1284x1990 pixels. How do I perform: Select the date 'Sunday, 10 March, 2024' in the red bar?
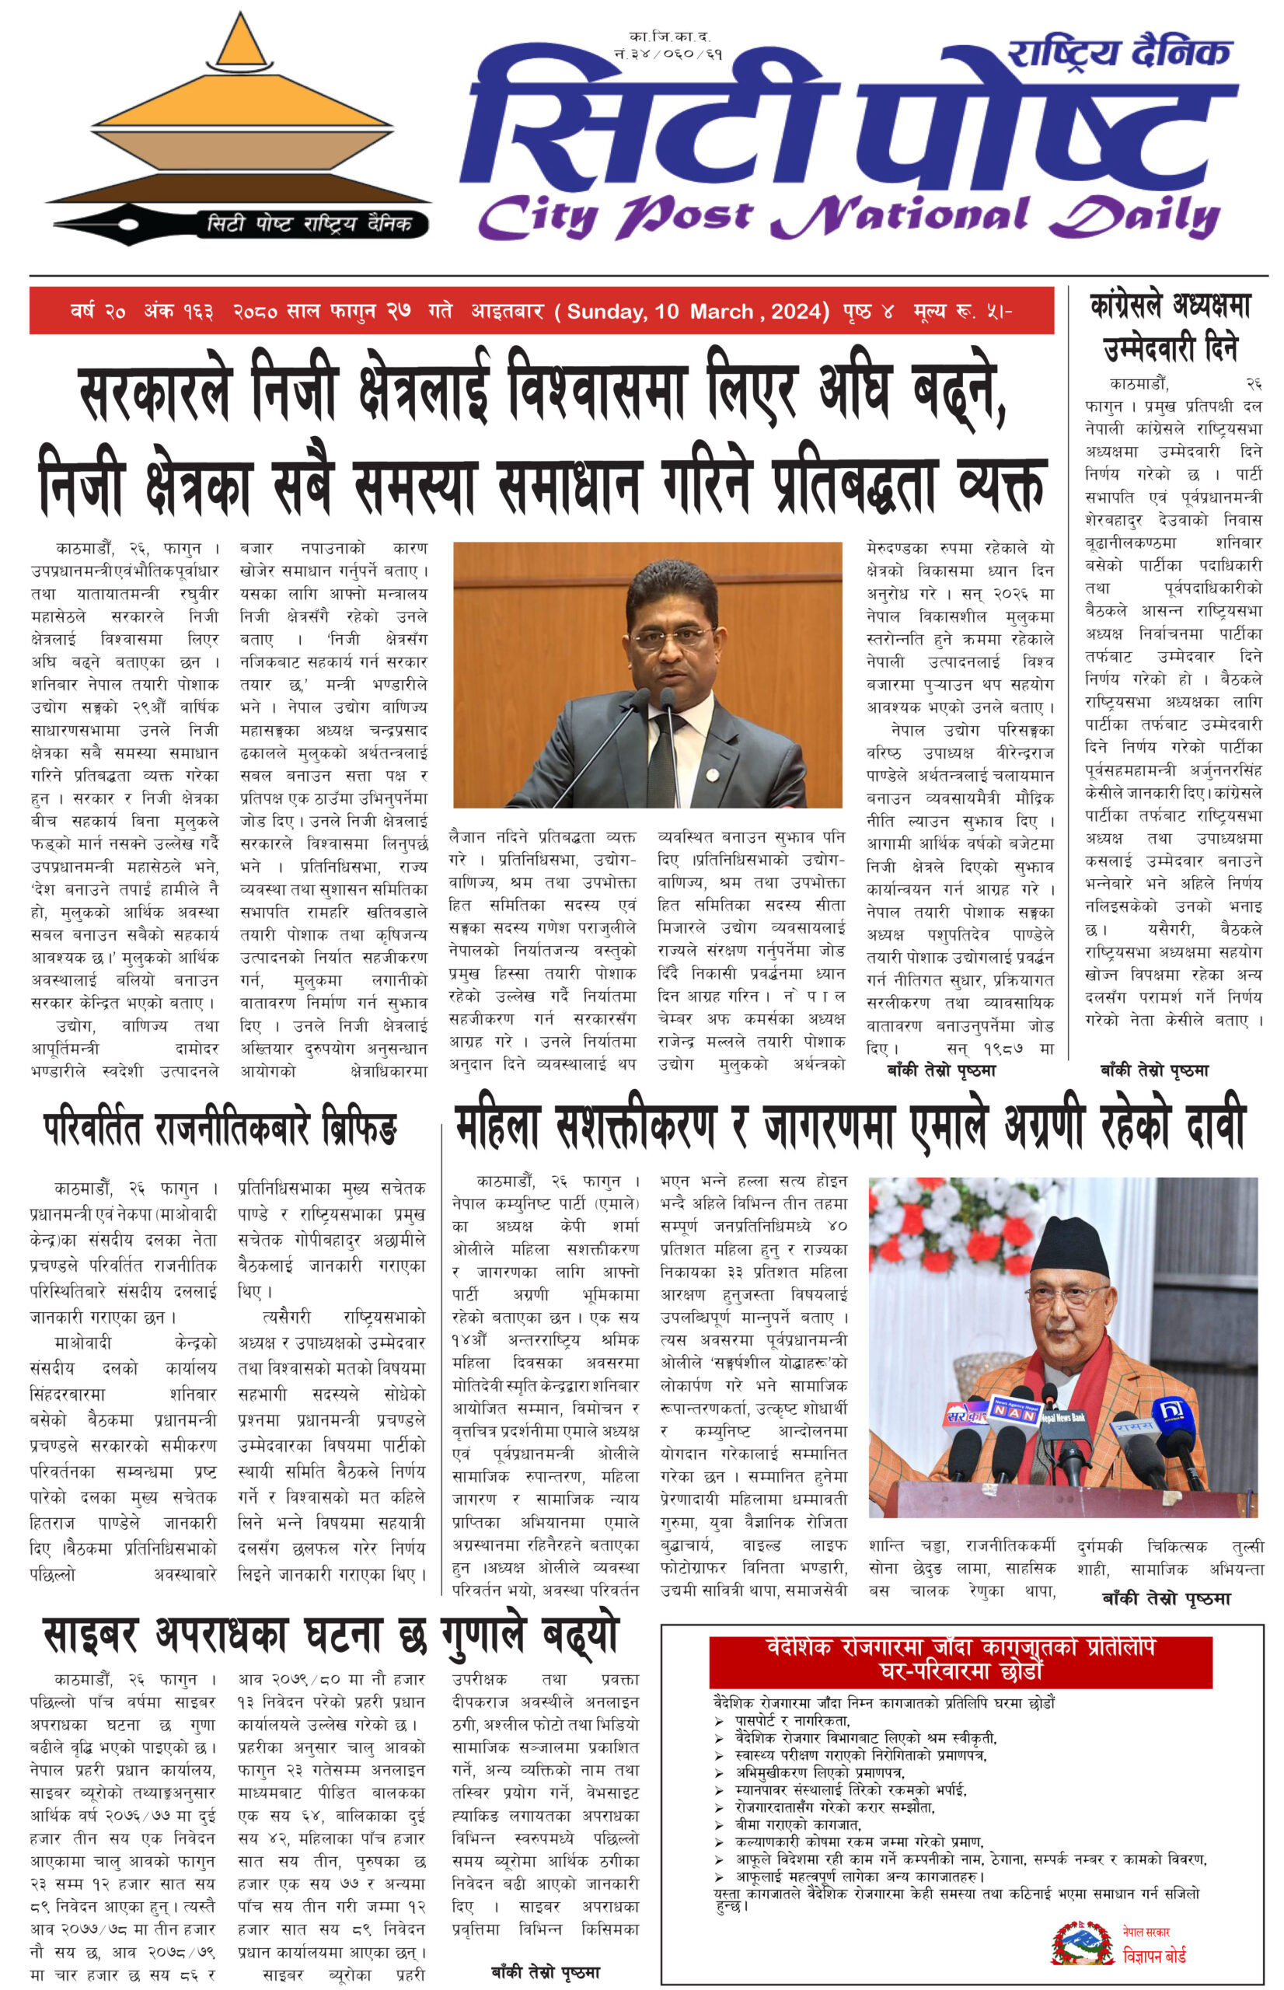(x=697, y=312)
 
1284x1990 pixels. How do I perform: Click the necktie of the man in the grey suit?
(x=665, y=759)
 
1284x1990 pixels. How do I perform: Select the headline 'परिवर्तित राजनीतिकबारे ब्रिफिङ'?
(x=220, y=1130)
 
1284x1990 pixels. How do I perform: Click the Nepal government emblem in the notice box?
(x=1081, y=1944)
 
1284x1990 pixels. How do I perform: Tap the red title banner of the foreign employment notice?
(x=961, y=1660)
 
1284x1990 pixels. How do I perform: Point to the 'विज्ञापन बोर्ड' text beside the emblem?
(x=1154, y=1955)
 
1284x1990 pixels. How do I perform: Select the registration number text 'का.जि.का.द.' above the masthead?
(x=669, y=37)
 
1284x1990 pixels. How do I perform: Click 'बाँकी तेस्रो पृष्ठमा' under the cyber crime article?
(x=546, y=1971)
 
